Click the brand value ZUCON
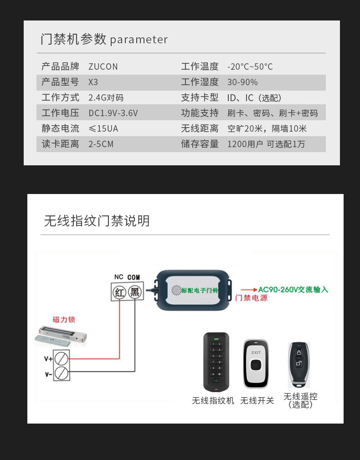click(x=103, y=67)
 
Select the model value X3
click(x=93, y=82)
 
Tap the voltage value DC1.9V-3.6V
click(x=113, y=113)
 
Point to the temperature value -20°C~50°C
click(x=250, y=67)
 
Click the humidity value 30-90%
click(x=242, y=82)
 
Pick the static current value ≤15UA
click(x=103, y=129)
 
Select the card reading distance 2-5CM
click(x=101, y=144)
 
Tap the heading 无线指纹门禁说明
click(x=97, y=221)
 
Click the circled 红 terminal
click(x=119, y=292)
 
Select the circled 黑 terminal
click(x=135, y=292)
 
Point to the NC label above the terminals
click(x=118, y=277)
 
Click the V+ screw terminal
click(x=62, y=358)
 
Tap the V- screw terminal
click(x=62, y=373)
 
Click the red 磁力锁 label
click(x=64, y=319)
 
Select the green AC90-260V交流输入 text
click(x=293, y=290)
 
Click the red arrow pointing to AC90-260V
click(x=249, y=290)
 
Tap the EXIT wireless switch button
click(x=256, y=364)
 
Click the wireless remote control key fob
click(x=298, y=364)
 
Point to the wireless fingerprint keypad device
click(x=216, y=362)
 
